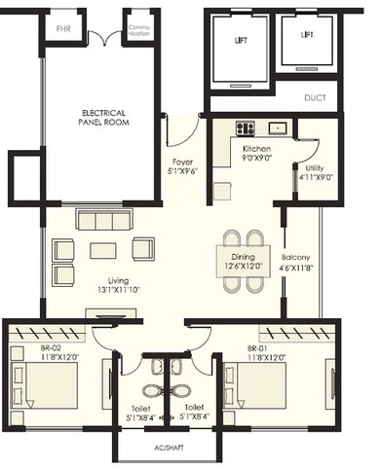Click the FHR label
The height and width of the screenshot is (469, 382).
coord(62,29)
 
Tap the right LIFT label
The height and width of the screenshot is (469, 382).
coord(307,34)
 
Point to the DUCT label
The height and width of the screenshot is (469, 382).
coord(314,97)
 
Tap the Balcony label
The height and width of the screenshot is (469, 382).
coord(295,263)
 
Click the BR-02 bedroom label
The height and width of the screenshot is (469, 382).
coord(34,353)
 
